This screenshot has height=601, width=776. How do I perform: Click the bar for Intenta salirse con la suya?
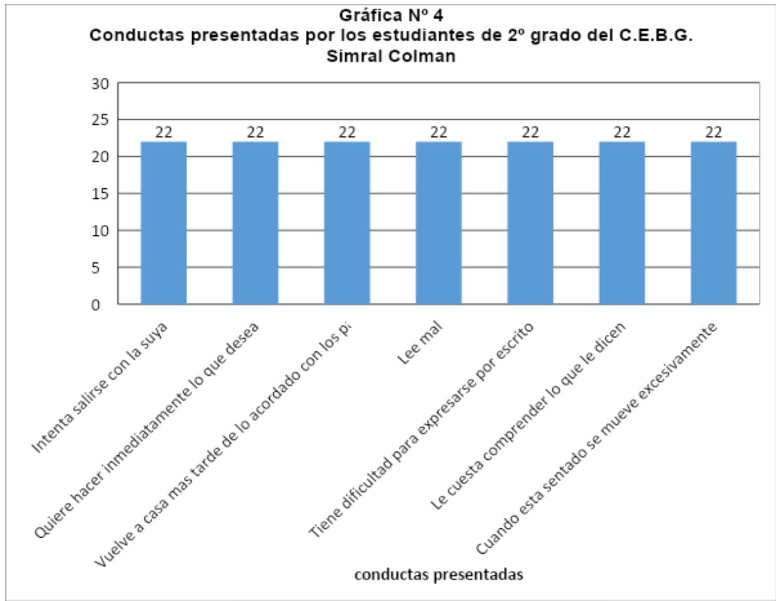pos(163,222)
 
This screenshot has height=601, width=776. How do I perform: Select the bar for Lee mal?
pos(439,222)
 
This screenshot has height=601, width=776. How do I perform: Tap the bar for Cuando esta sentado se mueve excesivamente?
pos(714,222)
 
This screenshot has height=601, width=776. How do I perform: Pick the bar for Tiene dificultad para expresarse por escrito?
pos(530,222)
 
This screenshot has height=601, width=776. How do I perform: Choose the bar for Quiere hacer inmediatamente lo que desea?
pos(255,222)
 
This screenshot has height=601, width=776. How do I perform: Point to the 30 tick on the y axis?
pos(101,83)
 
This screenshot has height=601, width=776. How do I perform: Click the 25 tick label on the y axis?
pos(101,120)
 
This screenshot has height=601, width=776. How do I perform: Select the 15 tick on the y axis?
pos(101,194)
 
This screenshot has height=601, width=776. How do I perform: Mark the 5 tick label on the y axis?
pos(105,268)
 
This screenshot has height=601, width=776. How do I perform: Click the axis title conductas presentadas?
pos(439,575)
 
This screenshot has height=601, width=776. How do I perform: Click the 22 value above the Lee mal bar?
pos(439,132)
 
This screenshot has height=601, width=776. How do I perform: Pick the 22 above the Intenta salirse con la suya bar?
pos(163,132)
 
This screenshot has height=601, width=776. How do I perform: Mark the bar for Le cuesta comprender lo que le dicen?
pos(622,222)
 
